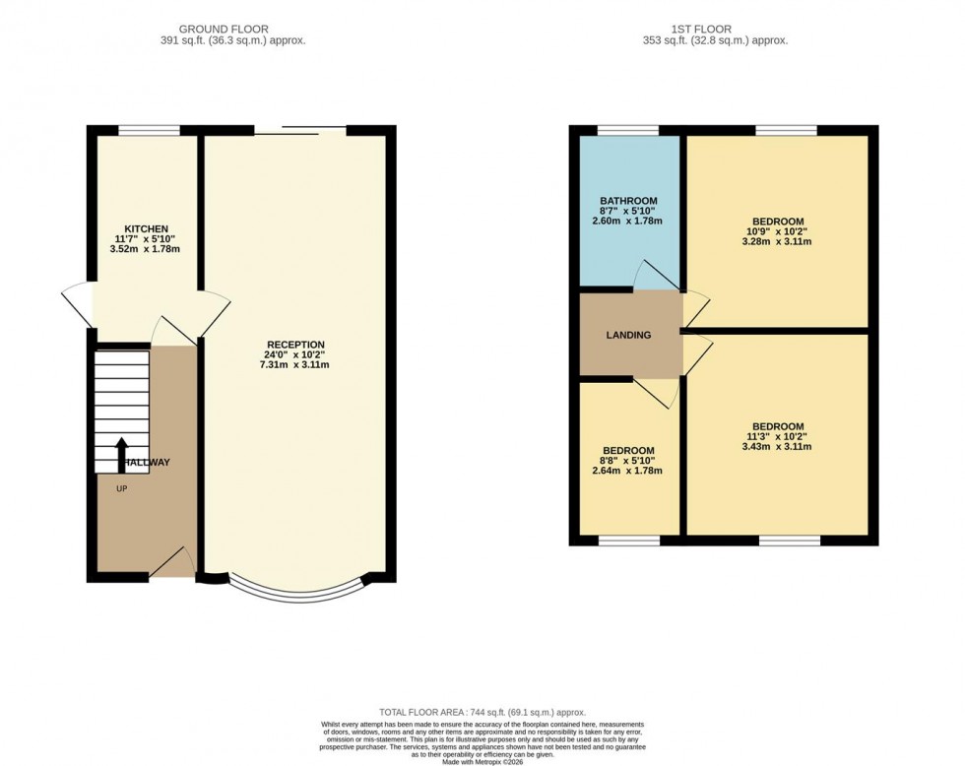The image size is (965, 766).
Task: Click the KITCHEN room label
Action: click(x=146, y=228)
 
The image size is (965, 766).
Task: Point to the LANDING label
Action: click(x=628, y=335)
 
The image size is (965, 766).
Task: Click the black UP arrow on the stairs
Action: click(x=121, y=456)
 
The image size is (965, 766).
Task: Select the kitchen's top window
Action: click(x=150, y=130)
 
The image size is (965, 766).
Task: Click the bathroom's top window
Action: click(x=628, y=130)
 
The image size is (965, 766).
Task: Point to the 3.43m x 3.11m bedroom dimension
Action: click(x=777, y=447)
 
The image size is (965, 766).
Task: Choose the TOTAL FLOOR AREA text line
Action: click(x=482, y=712)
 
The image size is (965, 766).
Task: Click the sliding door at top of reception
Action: click(x=299, y=130)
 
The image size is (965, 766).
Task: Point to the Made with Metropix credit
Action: click(x=482, y=761)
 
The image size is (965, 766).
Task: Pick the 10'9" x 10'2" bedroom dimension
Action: click(x=777, y=232)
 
